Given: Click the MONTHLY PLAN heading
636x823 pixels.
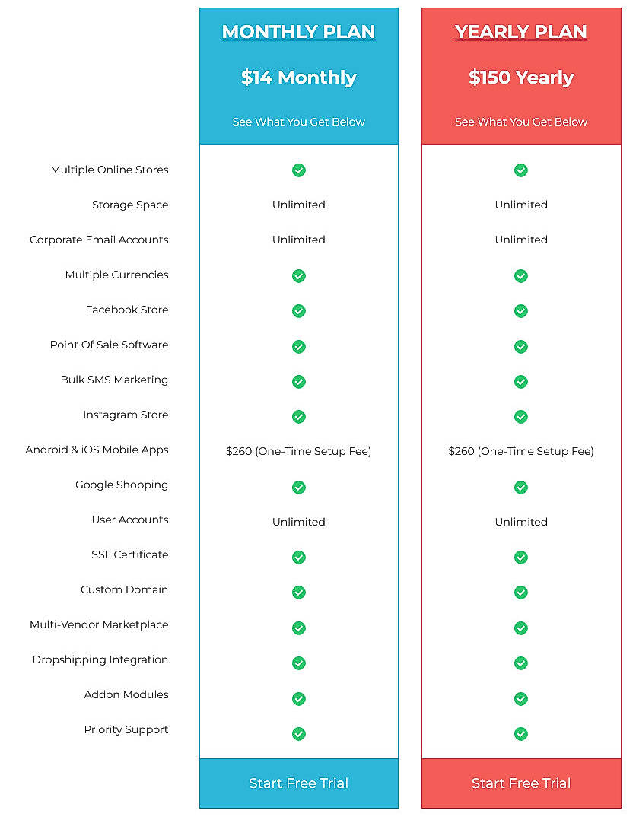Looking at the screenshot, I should click(x=298, y=32).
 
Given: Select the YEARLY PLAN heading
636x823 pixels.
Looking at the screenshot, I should click(x=521, y=32).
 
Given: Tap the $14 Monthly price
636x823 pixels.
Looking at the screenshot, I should click(x=298, y=78).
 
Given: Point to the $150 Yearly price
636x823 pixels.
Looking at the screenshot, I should click(x=521, y=78).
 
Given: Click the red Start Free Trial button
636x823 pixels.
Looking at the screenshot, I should click(x=521, y=783).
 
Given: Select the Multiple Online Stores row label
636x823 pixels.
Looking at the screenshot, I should click(x=110, y=170).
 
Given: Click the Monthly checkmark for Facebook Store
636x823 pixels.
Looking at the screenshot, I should click(x=299, y=310).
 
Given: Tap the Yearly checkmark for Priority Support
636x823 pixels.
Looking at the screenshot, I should click(x=521, y=734).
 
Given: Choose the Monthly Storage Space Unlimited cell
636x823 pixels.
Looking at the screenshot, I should click(x=298, y=205).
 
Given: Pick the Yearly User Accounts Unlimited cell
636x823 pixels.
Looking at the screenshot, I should click(x=521, y=522).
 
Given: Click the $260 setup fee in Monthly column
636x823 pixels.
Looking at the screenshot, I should click(x=298, y=451).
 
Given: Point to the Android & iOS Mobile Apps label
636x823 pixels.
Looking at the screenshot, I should click(x=97, y=450).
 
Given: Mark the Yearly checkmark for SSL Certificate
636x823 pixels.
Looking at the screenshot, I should click(x=521, y=558).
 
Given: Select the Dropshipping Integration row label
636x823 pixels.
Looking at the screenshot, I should click(x=100, y=659).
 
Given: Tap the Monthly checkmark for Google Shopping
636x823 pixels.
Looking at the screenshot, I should click(x=299, y=487).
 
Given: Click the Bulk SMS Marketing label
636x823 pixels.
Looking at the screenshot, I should click(x=114, y=380).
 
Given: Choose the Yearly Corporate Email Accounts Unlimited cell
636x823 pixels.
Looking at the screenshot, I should click(x=521, y=240).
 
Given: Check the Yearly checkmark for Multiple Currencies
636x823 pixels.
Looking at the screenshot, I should click(x=521, y=275).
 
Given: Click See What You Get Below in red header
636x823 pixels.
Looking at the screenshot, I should click(x=521, y=122).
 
